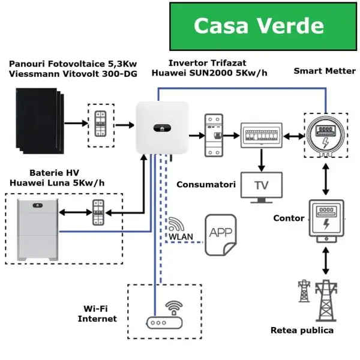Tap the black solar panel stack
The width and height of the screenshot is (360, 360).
(40, 121)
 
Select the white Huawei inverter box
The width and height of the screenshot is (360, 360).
(162, 128)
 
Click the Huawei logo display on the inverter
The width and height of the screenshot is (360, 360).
(162, 128)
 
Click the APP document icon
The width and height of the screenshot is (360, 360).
(221, 235)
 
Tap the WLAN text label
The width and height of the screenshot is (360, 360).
(181, 237)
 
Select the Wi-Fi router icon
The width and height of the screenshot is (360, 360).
(164, 315)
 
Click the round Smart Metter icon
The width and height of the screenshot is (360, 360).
(326, 136)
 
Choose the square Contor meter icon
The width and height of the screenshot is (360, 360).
(326, 221)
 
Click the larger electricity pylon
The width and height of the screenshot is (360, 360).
(326, 301)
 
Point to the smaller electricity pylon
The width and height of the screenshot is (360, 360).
(304, 290)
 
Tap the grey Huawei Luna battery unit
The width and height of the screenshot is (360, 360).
(38, 230)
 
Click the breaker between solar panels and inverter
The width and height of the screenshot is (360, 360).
(101, 124)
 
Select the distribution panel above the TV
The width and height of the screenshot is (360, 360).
(262, 135)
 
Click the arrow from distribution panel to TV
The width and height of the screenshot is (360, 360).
(262, 160)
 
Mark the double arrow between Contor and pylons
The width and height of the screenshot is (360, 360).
(326, 261)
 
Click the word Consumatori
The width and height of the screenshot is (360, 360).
(206, 184)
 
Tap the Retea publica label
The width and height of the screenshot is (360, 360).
(302, 330)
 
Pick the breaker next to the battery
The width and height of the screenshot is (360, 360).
(98, 212)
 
